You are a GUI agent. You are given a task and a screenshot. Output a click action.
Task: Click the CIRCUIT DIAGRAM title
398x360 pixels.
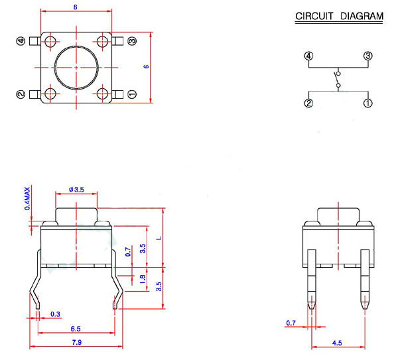[x=338, y=17]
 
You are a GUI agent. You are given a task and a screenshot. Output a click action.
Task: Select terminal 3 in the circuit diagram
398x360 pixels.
[x=367, y=56]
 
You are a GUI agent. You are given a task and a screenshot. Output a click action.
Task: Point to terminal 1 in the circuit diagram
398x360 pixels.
[x=367, y=103]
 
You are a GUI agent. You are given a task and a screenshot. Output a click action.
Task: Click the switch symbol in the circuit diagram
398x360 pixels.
[x=338, y=80]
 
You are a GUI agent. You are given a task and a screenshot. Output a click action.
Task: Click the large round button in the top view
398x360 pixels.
[x=76, y=68]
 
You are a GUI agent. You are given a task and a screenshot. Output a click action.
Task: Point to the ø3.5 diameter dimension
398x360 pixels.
[x=76, y=190]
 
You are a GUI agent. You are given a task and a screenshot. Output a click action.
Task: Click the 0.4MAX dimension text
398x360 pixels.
[x=27, y=199]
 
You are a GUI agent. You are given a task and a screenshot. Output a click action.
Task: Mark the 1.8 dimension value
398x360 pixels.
[x=143, y=279]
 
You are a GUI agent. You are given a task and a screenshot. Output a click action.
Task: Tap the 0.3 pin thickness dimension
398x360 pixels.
[x=55, y=314]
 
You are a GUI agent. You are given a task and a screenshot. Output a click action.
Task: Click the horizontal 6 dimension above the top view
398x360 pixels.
[x=76, y=7]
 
